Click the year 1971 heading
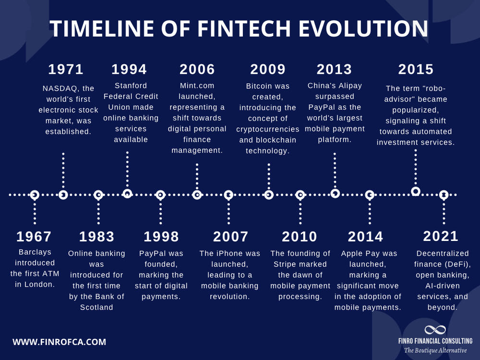point(66,70)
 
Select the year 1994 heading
point(129,70)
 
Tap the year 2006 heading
point(197,70)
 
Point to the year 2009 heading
point(268,70)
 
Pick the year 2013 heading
point(335,70)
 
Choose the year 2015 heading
point(416,70)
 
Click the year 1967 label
point(34,237)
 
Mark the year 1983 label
point(97,237)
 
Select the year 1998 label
point(161,237)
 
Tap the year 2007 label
point(231,237)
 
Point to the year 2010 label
point(300,237)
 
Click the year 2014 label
point(366,237)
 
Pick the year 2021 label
point(441,236)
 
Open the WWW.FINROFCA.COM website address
point(59,342)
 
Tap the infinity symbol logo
point(435,330)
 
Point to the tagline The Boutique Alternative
point(435,350)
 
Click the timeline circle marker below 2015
point(416,191)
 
